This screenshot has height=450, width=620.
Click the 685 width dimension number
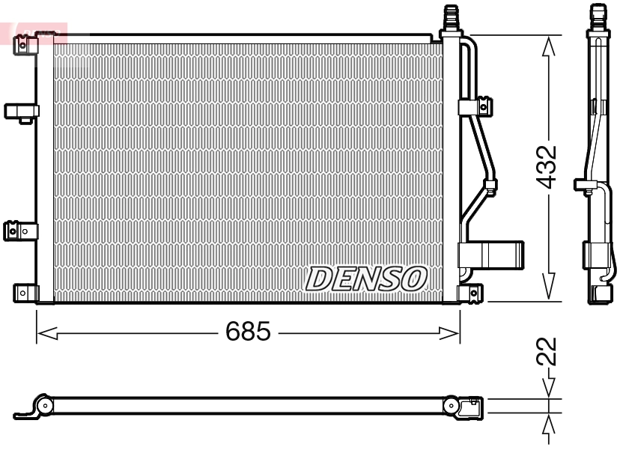click(x=248, y=332)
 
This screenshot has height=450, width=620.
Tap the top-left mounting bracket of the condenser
click(x=26, y=45)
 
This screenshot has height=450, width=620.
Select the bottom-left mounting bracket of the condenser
click(x=25, y=292)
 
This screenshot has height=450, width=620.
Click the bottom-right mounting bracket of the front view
click(x=472, y=293)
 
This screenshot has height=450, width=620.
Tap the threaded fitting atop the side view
click(x=597, y=15)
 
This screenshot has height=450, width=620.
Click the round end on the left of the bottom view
click(x=45, y=407)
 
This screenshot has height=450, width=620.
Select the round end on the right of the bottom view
click(x=452, y=407)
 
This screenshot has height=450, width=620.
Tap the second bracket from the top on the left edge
click(x=21, y=112)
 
